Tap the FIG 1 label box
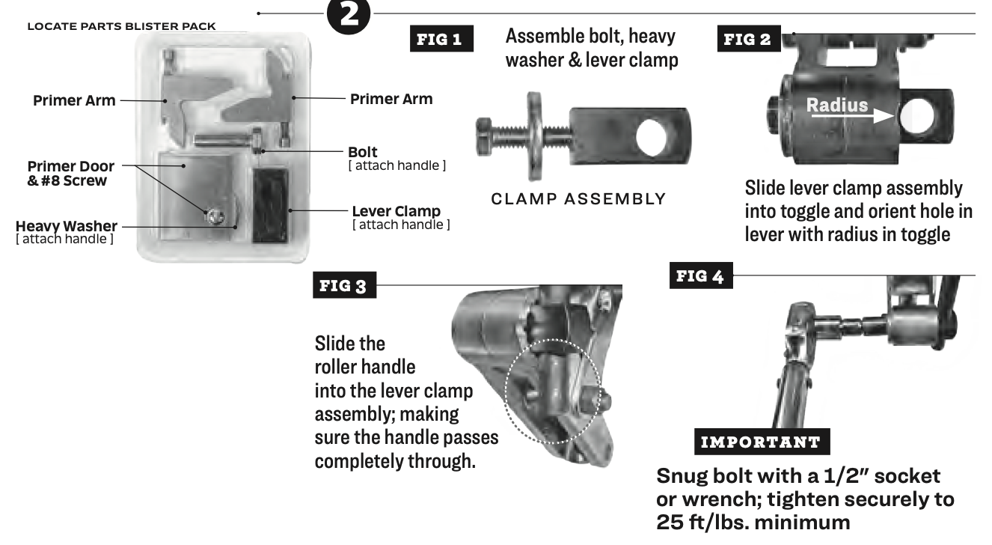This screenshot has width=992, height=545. point(441,38)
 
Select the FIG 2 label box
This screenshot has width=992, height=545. point(749,38)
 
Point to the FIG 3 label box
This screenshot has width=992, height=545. point(345,285)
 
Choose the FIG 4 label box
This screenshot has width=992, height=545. point(701,275)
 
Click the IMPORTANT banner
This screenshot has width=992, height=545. point(762,442)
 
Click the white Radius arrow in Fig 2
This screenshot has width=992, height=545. point(853,117)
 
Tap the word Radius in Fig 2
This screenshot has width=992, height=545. point(837,105)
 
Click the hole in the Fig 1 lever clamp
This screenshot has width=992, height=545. point(652,137)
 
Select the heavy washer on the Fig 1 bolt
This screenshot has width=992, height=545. point(535,136)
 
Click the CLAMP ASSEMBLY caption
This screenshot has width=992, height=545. point(578,199)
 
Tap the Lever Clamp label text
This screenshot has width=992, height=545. point(397,211)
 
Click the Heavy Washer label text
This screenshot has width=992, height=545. point(67,226)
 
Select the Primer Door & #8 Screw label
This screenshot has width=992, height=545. point(71,173)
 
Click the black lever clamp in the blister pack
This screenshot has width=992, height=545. point(270,205)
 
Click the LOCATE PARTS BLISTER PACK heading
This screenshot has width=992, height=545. point(122,27)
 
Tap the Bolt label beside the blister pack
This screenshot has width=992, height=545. point(363,152)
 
